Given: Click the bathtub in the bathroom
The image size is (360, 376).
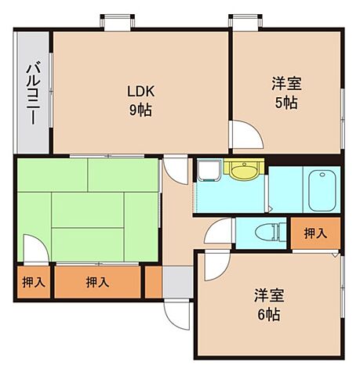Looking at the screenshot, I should click(x=322, y=190).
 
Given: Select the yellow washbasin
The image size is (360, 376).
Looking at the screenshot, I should click(x=244, y=168).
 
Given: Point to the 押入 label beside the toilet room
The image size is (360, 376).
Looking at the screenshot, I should click(x=315, y=233).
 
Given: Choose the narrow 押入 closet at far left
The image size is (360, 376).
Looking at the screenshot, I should click(x=32, y=282).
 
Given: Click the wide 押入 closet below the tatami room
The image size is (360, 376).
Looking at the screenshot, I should click(x=97, y=282).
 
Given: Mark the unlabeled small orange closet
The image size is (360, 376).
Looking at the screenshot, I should click(x=153, y=281).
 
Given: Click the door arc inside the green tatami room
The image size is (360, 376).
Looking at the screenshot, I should click(x=35, y=252).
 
